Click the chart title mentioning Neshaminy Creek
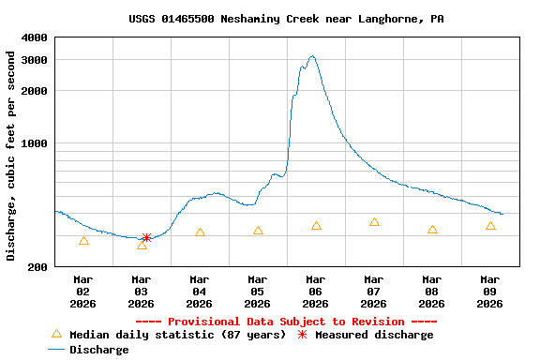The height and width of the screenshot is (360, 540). pos(286,19)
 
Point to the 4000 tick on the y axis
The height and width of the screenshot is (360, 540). pos(34,37)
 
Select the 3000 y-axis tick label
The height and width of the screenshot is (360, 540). pos(34,59)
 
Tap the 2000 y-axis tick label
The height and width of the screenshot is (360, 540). pos(34,91)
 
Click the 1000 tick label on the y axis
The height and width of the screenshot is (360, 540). pos(34,143)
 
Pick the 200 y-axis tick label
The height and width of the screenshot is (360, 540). pos(37,267)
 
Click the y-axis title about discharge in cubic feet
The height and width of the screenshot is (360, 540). pos(11,156)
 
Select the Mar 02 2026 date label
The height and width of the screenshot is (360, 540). pos(83,292)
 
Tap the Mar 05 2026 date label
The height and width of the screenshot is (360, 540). pos(258,292)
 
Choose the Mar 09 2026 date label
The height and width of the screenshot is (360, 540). pos(490,292)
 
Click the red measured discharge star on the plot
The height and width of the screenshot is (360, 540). pos(146,238)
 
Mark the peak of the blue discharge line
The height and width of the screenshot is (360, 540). pos(312,56)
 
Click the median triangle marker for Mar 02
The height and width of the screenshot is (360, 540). pos(84,241)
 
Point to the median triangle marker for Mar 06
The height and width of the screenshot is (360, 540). pos(316,226)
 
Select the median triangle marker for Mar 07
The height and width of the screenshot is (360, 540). pos(374,222)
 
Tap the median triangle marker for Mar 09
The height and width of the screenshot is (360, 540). pos(490,226)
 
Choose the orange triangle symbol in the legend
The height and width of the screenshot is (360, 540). pos(56,334)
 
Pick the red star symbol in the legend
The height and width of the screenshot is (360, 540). pos(302,335)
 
